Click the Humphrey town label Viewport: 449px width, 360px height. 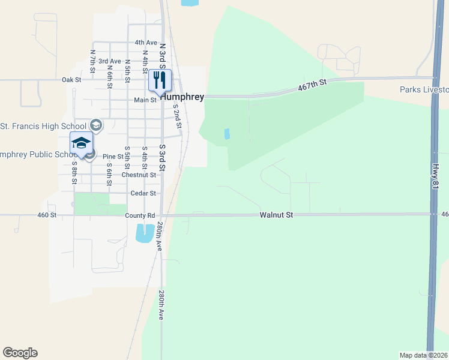(182, 96)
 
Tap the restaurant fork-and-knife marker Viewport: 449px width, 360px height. (160, 80)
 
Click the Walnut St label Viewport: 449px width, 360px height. (276, 215)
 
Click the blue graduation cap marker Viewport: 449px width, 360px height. (81, 143)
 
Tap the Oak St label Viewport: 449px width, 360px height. (71, 79)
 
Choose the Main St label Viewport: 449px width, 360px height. (145, 100)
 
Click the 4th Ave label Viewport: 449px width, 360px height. (145, 43)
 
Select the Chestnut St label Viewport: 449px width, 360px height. (139, 175)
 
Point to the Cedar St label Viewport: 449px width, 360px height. (143, 193)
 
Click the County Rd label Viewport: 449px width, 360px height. (140, 215)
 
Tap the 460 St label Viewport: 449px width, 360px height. (46, 215)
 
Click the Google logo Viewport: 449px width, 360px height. (20, 353)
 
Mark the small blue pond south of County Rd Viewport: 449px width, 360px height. (145, 233)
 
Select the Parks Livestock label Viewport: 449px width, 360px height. (424, 90)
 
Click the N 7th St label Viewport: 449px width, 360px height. (92, 61)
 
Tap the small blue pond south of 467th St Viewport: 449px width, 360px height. (227, 134)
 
